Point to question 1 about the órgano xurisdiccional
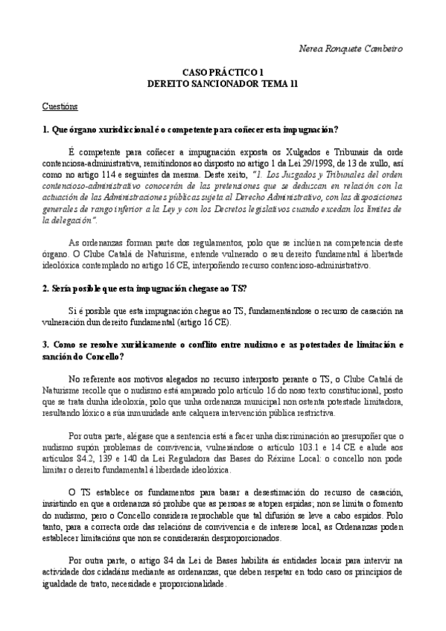[191, 129]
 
